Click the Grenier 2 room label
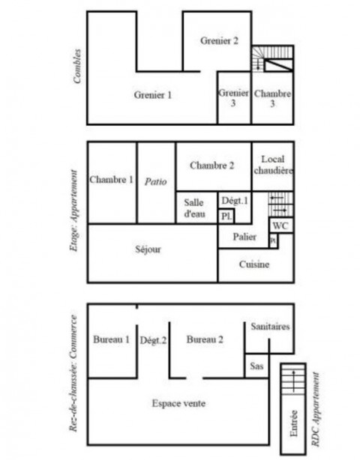[219, 40]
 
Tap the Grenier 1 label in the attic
[153, 95]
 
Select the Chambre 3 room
[272, 98]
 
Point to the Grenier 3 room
[233, 97]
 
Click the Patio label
[156, 182]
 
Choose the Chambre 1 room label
[111, 180]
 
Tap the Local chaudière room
[273, 165]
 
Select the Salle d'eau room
[194, 208]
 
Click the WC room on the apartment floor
[280, 226]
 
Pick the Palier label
[244, 237]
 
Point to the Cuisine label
[254, 264]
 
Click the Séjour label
[148, 249]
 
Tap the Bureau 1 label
[111, 339]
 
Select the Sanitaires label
[270, 327]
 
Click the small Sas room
[256, 366]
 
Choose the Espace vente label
[178, 403]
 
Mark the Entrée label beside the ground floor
[294, 423]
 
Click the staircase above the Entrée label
[293, 379]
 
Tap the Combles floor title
[77, 66]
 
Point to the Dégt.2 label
[153, 340]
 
